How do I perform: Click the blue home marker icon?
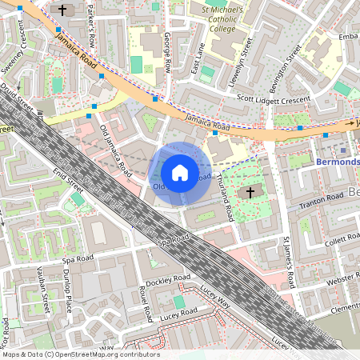tap(180, 173)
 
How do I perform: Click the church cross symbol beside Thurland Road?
tap(250, 193)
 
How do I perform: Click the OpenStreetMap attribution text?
tap(80, 354)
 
